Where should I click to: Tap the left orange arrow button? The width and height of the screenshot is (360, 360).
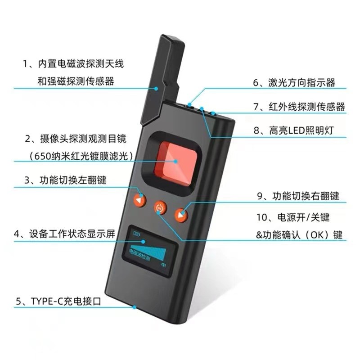pyautogui.click(x=140, y=200)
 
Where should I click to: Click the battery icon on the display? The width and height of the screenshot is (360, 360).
pyautogui.click(x=136, y=233)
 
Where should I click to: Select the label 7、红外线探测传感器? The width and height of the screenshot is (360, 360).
pyautogui.click(x=299, y=107)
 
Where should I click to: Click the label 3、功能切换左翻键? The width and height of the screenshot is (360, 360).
pyautogui.click(x=65, y=180)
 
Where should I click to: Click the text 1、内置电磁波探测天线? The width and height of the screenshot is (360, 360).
pyautogui.click(x=73, y=64)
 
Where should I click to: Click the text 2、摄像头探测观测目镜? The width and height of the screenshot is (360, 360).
pyautogui.click(x=73, y=138)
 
